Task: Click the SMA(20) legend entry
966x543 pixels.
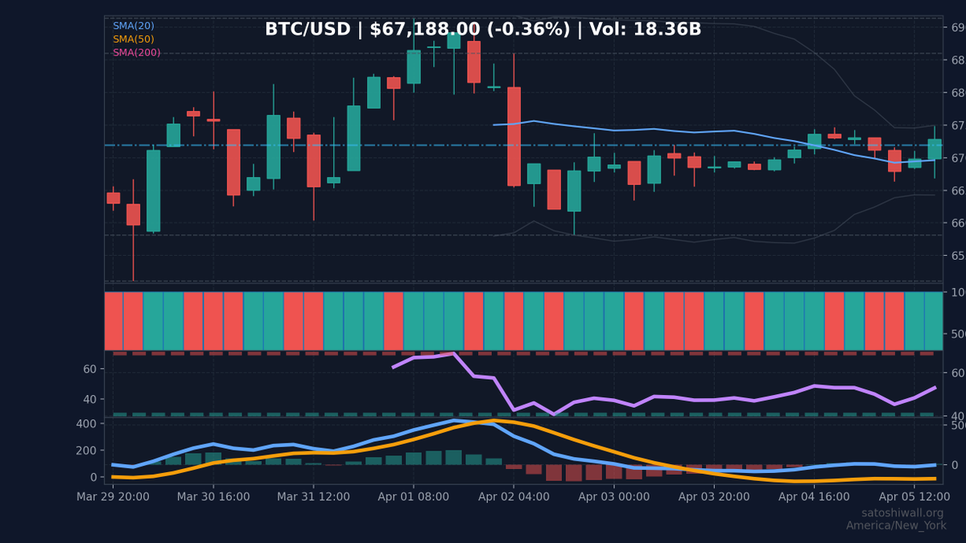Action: (134, 26)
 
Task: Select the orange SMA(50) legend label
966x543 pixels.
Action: (134, 39)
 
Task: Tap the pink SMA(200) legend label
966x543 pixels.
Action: (136, 53)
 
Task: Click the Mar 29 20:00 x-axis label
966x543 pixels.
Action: (113, 496)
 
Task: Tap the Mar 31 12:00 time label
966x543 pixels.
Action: (313, 496)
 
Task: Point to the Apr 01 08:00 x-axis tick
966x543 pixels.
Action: (413, 496)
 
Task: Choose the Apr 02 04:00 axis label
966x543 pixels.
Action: (514, 496)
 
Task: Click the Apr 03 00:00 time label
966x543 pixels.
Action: (613, 496)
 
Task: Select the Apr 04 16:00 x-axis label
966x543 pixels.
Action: (814, 496)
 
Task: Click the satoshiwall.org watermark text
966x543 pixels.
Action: (902, 513)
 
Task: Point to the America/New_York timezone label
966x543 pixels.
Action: (895, 525)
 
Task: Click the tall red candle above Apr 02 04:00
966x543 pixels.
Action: (514, 136)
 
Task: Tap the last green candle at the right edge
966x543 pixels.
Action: (934, 149)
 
